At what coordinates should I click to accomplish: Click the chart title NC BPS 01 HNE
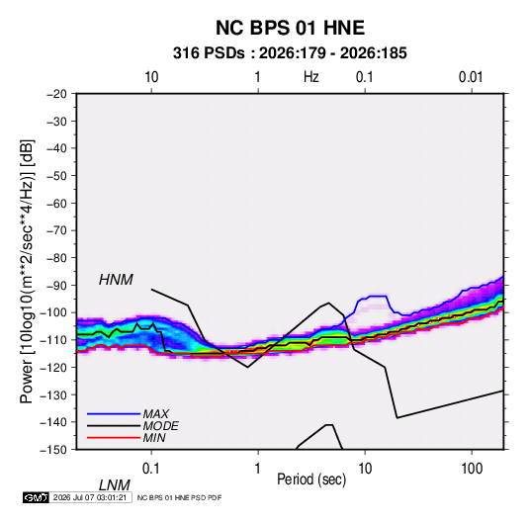(290, 28)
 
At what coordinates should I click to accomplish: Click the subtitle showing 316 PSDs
(290, 53)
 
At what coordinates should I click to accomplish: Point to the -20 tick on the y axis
(56, 94)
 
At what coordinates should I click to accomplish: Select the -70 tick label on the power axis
(56, 230)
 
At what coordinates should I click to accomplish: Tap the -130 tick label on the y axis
(53, 394)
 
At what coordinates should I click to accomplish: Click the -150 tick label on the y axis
(53, 450)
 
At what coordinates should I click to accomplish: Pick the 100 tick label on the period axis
(472, 469)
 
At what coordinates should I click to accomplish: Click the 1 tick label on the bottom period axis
(258, 469)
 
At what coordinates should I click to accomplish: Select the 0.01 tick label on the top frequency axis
(471, 77)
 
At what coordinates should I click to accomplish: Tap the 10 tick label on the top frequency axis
(151, 77)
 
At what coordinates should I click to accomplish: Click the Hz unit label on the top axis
(311, 77)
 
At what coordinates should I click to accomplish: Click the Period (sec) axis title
(311, 479)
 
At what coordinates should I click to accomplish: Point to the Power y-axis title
(27, 271)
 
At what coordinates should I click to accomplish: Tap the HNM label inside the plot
(116, 280)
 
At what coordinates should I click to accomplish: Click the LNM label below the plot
(114, 485)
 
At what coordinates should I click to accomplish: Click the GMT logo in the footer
(36, 497)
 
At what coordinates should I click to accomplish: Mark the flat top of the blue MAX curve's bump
(379, 296)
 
